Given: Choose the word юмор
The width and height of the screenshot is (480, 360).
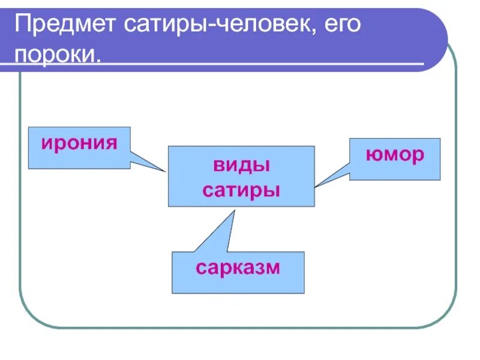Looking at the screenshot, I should coord(395,155).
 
